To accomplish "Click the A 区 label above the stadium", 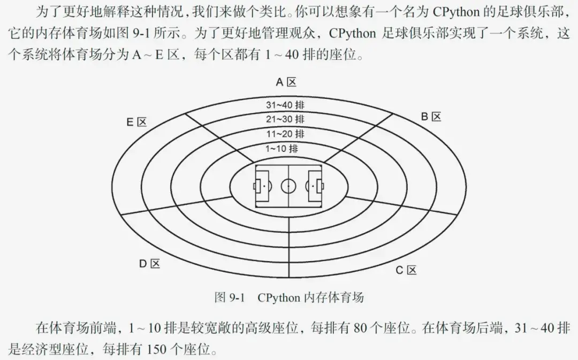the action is pos(286,82).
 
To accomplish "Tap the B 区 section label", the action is pos(430,117).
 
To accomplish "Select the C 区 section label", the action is pos(406,270).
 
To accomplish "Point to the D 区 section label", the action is pos(149,263).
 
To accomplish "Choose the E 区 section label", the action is pos(136,122).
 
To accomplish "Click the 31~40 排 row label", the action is pos(286,105).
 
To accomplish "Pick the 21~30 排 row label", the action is pos(286,119).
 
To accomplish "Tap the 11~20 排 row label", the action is pos(286,133).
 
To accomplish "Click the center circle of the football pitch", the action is pos(288,186).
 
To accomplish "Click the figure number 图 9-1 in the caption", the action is pos(229,297).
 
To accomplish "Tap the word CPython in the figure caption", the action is pos(278,297).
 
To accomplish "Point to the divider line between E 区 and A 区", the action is pos(219,136).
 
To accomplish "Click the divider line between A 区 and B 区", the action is pos(356,136).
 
